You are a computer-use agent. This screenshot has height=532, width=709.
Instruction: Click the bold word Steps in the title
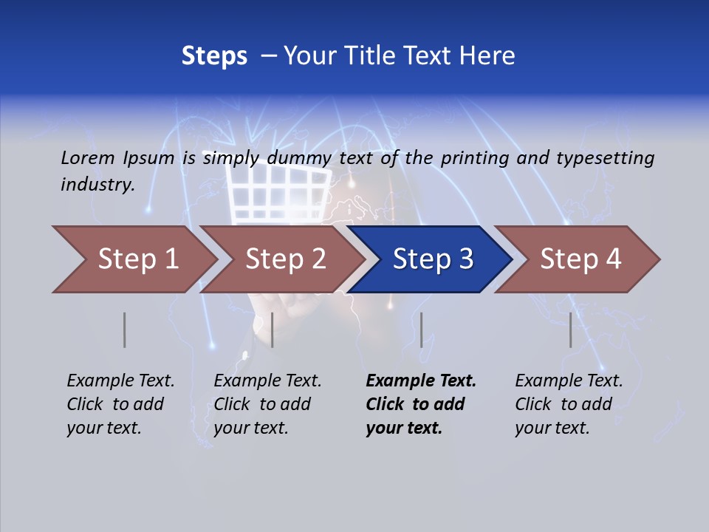[x=214, y=55]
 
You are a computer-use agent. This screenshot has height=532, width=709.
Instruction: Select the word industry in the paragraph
[x=97, y=184]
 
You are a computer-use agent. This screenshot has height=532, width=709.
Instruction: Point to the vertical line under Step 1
[x=125, y=330]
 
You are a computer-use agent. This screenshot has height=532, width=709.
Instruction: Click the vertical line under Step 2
[x=273, y=330]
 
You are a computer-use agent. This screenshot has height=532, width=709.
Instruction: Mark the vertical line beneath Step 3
[x=421, y=330]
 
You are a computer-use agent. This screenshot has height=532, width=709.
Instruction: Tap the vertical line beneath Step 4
[x=570, y=330]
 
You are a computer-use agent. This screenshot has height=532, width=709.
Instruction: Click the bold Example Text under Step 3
[x=421, y=381]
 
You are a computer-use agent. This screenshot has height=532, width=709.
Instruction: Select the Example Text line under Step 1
[x=120, y=381]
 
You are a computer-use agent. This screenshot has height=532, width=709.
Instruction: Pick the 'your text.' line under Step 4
[x=552, y=428]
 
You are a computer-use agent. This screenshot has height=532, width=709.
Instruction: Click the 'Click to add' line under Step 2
[x=262, y=404]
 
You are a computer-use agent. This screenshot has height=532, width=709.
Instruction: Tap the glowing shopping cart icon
[x=277, y=192]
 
